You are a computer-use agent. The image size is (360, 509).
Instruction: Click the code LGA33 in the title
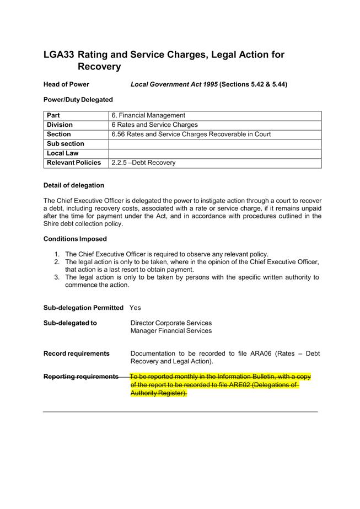58,55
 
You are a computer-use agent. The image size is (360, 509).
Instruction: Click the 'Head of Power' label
66,84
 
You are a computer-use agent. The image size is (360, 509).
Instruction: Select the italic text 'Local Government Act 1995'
174,84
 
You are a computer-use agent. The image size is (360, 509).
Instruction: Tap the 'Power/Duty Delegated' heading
78,100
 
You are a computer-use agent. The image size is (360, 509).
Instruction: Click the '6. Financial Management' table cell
148,116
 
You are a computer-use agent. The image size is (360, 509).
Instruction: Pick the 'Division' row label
60,125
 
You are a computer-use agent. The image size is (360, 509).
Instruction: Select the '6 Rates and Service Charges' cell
154,125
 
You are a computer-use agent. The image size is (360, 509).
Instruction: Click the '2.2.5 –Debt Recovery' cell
143,163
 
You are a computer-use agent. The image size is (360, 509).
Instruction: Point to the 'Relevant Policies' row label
74,163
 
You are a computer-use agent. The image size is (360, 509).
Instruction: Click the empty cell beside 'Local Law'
215,153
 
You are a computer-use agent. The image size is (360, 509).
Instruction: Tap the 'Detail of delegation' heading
73,185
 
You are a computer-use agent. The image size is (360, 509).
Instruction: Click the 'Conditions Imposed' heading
75,239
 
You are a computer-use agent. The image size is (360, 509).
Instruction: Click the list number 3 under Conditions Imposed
57,277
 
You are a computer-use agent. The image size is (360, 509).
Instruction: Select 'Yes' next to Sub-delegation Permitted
135,308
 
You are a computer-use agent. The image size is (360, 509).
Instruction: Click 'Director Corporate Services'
171,323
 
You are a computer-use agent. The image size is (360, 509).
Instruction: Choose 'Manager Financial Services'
171,331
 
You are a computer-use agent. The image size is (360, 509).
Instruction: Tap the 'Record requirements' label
76,353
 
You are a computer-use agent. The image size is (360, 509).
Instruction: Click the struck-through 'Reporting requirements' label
80,377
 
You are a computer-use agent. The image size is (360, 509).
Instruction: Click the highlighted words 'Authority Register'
158,393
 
